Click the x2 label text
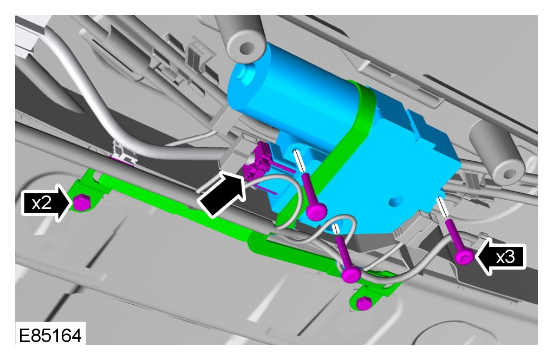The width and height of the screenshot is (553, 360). pyautogui.click(x=42, y=203)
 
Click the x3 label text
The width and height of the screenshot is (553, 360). pyautogui.click(x=505, y=257)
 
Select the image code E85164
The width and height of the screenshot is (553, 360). pyautogui.click(x=50, y=335)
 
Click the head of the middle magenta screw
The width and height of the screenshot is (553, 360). pyautogui.click(x=352, y=273)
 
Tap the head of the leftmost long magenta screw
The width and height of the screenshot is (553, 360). pyautogui.click(x=316, y=211)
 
